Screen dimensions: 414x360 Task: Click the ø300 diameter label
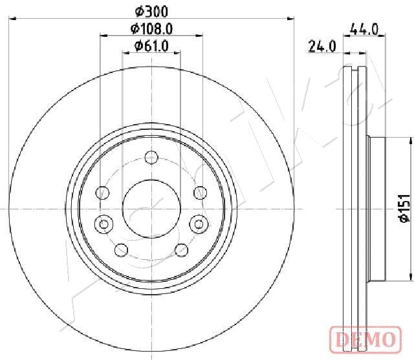tap(151, 12)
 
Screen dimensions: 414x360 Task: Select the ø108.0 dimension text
tap(151, 28)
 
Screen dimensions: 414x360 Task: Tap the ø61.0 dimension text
tap(151, 46)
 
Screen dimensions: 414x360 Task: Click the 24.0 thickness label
tap(322, 47)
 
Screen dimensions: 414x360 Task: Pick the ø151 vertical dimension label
tap(404, 208)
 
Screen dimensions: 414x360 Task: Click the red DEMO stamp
tap(365, 339)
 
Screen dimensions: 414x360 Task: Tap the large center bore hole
tap(151, 209)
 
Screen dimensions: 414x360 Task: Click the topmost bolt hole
tap(151, 158)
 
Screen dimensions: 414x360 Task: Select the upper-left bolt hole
tap(102, 193)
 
